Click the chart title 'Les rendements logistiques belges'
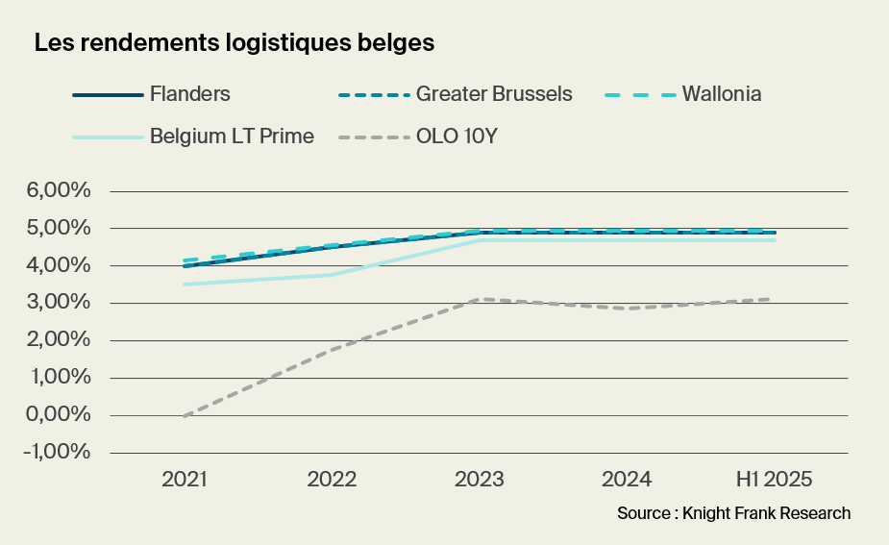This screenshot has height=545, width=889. pos(235,43)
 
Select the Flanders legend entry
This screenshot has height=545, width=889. pos(189,94)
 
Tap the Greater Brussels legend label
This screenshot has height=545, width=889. pos(494,94)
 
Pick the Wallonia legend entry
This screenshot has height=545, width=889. pos(722,94)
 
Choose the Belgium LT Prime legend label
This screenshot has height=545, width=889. pos(232,136)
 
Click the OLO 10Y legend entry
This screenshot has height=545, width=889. pos(456,136)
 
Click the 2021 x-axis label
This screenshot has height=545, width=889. pos(185,479)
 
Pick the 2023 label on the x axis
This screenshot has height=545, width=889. pos(480,479)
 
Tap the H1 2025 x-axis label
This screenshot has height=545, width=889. pos(775,479)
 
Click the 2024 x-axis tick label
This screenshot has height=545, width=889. pos(628,479)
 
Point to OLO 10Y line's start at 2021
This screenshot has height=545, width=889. pos(185,415)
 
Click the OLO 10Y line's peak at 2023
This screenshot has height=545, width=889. pos(480,299)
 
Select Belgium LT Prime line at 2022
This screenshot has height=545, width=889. pos(333,275)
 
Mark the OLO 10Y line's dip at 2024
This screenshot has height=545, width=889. pos(628,309)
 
